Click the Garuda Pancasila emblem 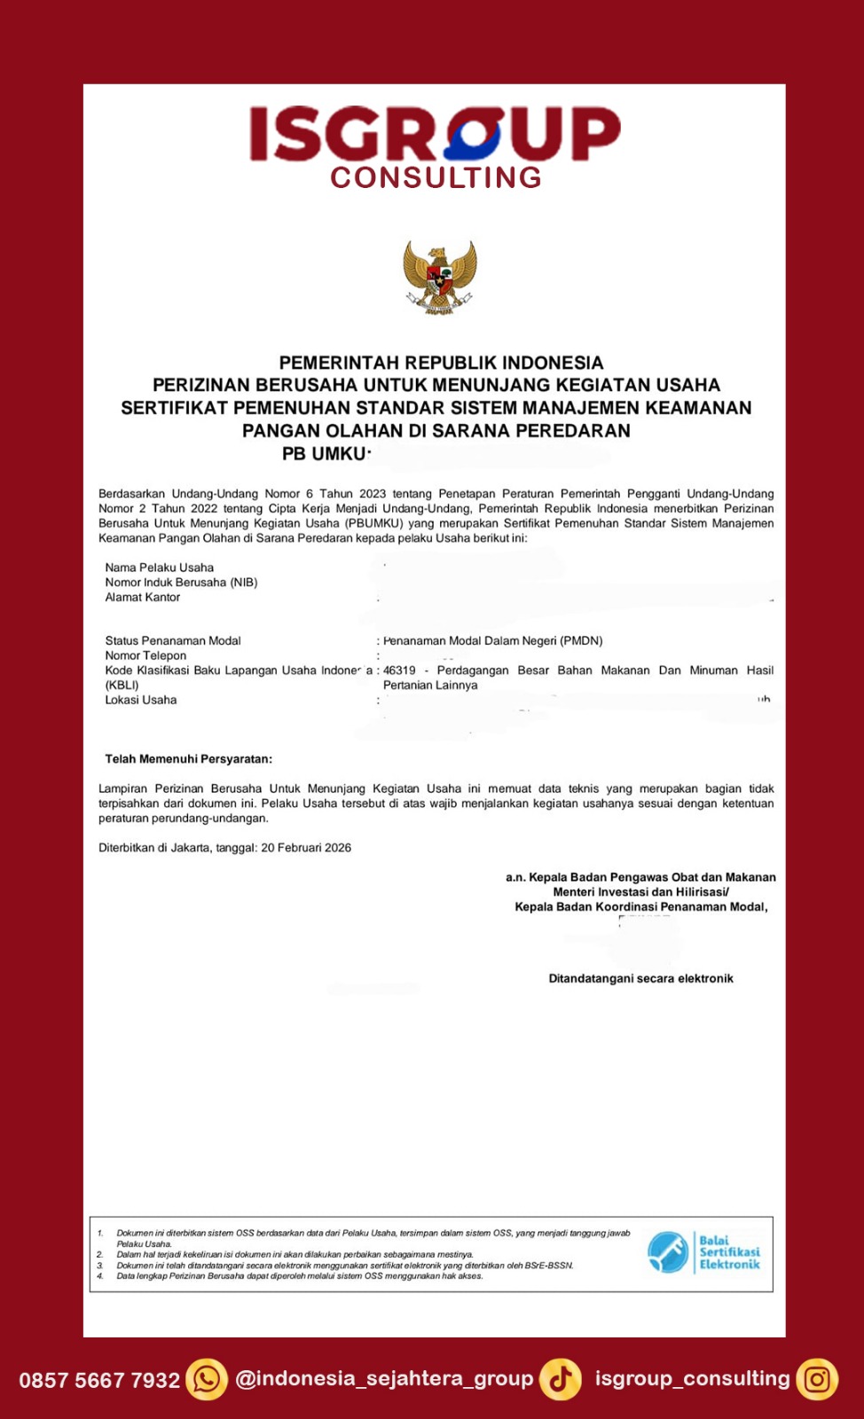(439, 278)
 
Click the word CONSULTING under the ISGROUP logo (436, 177)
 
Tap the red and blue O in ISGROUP (474, 134)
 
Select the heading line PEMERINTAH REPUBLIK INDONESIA (441, 363)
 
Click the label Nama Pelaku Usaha (160, 568)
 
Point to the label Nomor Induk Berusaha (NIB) (181, 583)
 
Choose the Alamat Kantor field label (143, 598)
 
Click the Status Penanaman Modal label (173, 641)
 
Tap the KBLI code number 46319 (399, 670)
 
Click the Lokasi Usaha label (141, 701)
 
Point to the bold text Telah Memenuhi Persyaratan (189, 759)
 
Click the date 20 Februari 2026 (306, 848)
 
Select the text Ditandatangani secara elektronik (640, 979)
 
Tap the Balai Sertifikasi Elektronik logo (703, 1252)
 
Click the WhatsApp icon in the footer (207, 1380)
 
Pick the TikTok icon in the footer (561, 1380)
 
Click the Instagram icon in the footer (817, 1380)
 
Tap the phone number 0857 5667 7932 (99, 1381)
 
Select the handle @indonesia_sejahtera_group (384, 1379)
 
